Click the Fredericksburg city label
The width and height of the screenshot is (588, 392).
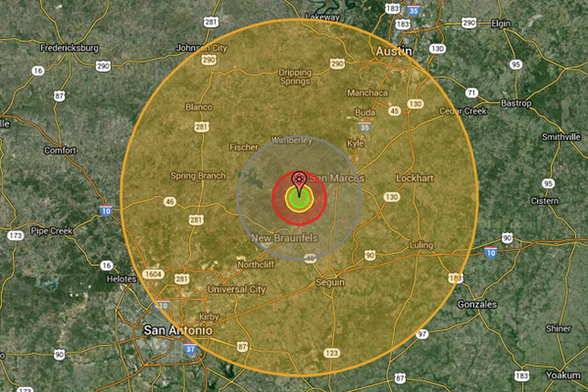[69, 48]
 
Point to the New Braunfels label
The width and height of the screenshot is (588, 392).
[284, 239]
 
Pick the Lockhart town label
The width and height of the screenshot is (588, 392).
[415, 178]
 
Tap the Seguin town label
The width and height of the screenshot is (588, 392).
[330, 282]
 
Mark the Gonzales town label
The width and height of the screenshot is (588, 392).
[477, 304]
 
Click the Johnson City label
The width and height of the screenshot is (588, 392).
[201, 47]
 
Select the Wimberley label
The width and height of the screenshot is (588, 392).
[291, 140]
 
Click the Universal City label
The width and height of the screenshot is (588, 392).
[236, 289]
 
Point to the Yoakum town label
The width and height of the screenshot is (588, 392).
[563, 375]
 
